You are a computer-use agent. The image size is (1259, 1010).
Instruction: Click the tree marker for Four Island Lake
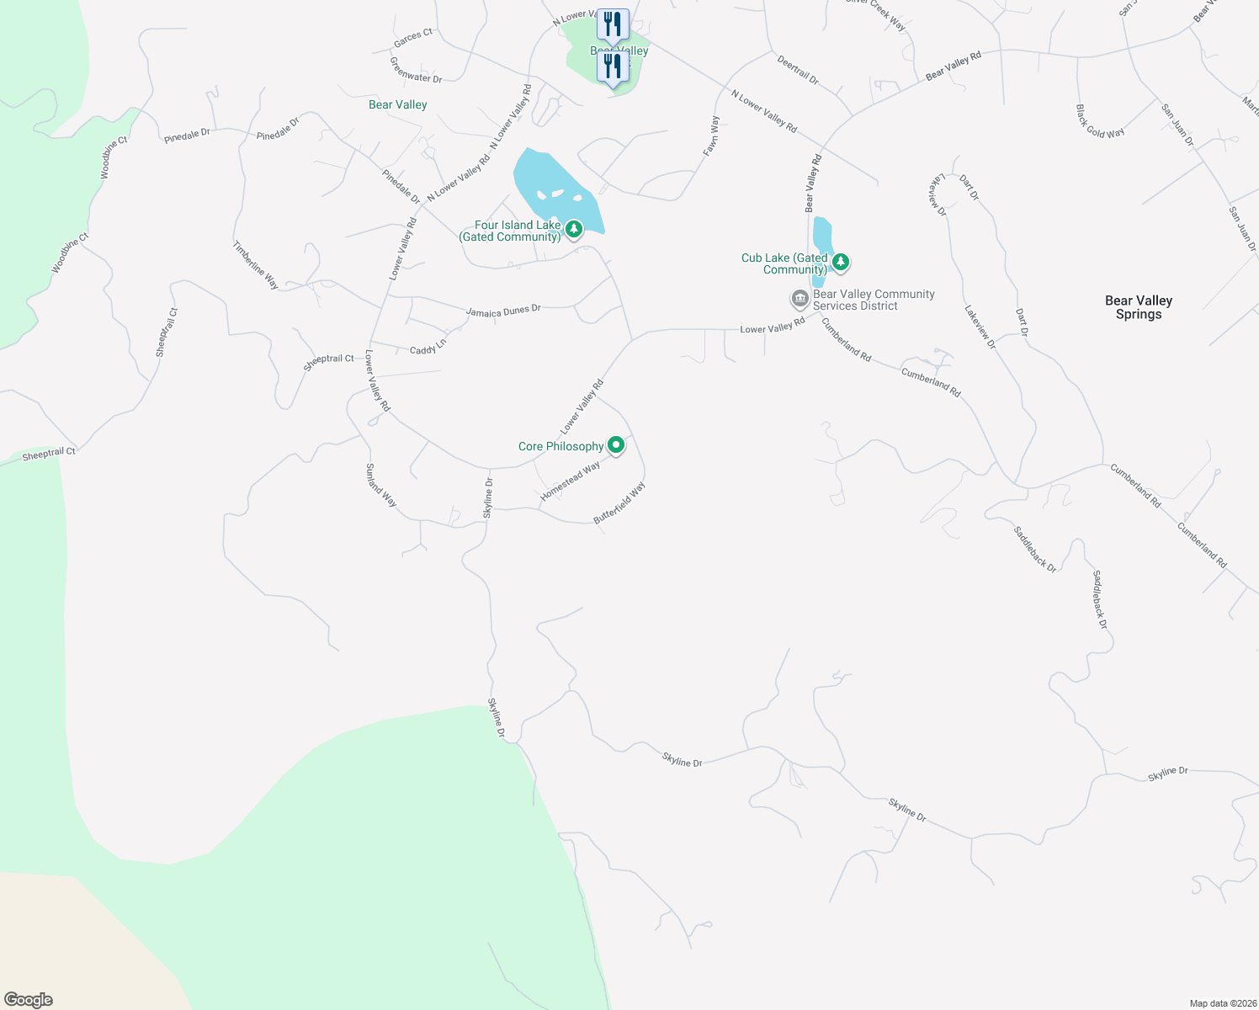(574, 229)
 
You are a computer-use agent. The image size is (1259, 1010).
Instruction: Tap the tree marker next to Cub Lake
(840, 263)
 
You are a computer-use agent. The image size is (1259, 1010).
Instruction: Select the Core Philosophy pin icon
(616, 445)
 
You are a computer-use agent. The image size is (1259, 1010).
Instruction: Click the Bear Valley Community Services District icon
(799, 299)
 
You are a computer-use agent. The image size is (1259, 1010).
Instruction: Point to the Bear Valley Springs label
(1138, 307)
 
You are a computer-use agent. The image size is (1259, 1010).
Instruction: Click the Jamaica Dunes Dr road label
(503, 311)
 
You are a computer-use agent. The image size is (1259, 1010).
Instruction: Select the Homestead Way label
(570, 481)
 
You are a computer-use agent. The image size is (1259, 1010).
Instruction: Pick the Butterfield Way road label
(619, 503)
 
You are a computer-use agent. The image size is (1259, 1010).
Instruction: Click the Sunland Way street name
(380, 485)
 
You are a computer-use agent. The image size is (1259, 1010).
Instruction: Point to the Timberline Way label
(255, 265)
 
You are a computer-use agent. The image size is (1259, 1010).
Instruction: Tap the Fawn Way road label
(712, 136)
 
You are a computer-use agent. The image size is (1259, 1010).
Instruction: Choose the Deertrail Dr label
(798, 71)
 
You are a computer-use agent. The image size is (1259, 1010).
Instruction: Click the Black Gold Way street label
(1099, 121)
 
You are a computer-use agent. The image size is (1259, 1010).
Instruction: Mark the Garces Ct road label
(413, 38)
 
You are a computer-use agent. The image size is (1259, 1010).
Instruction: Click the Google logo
(29, 1000)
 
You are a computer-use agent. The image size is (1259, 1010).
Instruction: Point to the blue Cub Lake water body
(822, 237)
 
